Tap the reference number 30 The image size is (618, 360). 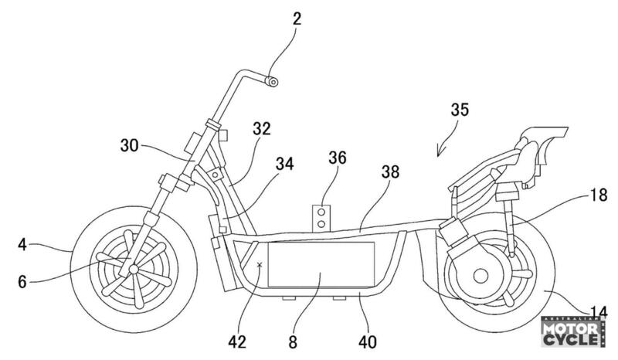click(x=132, y=144)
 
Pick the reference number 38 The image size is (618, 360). click(x=391, y=172)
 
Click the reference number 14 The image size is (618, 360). click(x=596, y=312)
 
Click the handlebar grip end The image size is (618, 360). click(x=270, y=80)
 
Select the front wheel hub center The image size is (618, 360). click(x=133, y=268)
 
